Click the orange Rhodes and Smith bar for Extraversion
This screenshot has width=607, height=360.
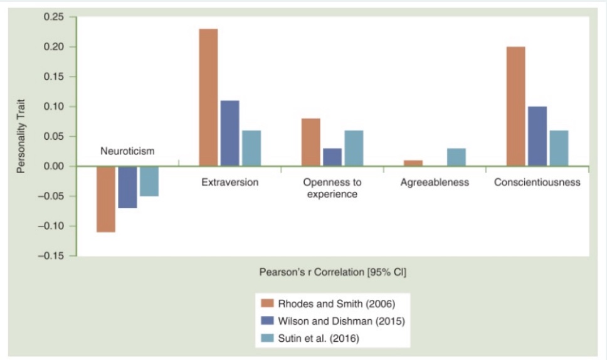pyautogui.click(x=208, y=97)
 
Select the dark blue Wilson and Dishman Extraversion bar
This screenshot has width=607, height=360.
pyautogui.click(x=230, y=133)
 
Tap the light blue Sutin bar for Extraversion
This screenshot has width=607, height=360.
pyautogui.click(x=251, y=148)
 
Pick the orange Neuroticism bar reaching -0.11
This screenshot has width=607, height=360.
pyautogui.click(x=106, y=199)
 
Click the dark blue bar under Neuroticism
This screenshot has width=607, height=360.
pyautogui.click(x=127, y=187)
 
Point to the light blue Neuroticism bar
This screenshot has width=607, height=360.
pyautogui.click(x=149, y=181)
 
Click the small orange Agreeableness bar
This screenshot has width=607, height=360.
pyautogui.click(x=413, y=163)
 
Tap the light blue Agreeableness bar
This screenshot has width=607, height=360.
pyautogui.click(x=456, y=157)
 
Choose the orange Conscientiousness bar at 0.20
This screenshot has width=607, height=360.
pyautogui.click(x=515, y=106)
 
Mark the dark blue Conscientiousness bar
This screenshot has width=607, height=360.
pyautogui.click(x=537, y=136)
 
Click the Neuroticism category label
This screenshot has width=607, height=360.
pyautogui.click(x=127, y=151)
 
